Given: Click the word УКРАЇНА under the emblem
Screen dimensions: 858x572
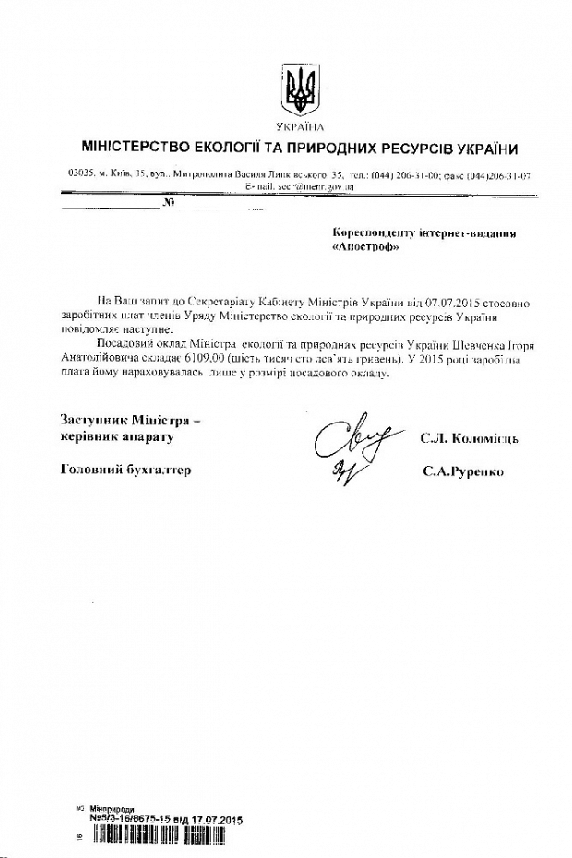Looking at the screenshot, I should (300, 126).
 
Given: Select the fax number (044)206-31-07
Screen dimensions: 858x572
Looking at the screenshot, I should (499, 174).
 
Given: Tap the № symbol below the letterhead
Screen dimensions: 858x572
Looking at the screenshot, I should (168, 202).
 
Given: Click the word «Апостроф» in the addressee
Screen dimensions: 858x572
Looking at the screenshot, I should (363, 249).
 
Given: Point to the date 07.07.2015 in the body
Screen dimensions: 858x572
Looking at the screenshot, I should (422, 302).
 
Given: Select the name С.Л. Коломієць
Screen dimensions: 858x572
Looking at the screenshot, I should (469, 438).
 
